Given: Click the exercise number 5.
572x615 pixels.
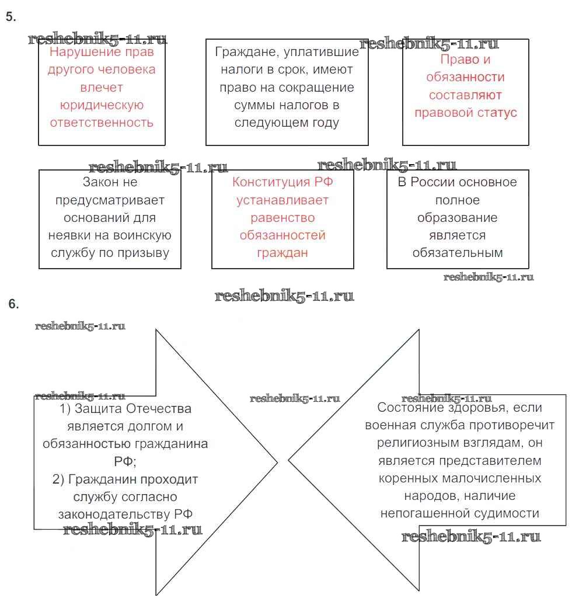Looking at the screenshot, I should coord(10,17).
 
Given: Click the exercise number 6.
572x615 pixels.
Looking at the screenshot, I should coord(14,304).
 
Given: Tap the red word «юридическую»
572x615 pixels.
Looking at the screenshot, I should coord(102,105).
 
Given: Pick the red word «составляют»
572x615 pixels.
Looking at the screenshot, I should coord(465,95).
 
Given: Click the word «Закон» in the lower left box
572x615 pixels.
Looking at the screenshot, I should coord(102,182).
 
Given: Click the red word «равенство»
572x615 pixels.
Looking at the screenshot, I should coord(282,217).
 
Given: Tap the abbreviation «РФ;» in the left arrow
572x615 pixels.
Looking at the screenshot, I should coord(125,461).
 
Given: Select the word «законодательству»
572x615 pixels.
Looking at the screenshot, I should coord(114,514).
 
